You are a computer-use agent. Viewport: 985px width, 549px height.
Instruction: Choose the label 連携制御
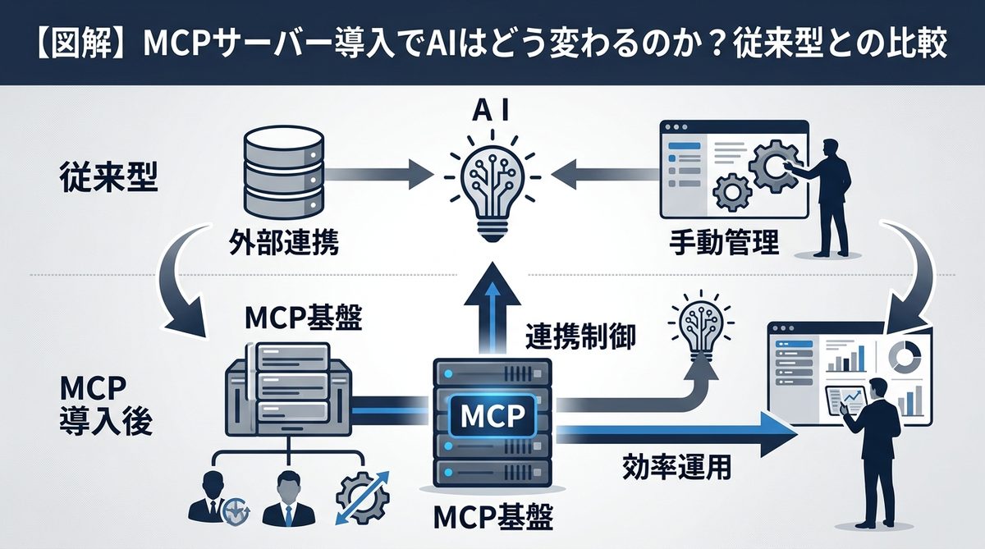pos(582,336)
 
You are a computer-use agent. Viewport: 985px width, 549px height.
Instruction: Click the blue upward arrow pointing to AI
pos(492,312)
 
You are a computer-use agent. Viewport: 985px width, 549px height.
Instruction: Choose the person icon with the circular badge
pos(213,499)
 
